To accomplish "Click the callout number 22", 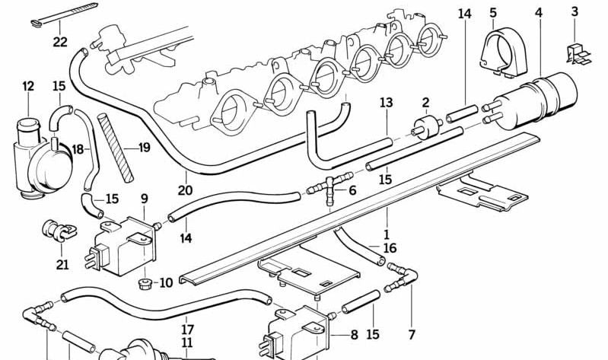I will pos(60,42).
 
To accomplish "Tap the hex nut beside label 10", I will pos(142,283).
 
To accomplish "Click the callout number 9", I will pos(144,199).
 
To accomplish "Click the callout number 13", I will pos(386,103).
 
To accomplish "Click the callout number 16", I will pos(390,247).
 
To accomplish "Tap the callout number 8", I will pos(354,334).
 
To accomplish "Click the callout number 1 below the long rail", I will pos(387,234).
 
